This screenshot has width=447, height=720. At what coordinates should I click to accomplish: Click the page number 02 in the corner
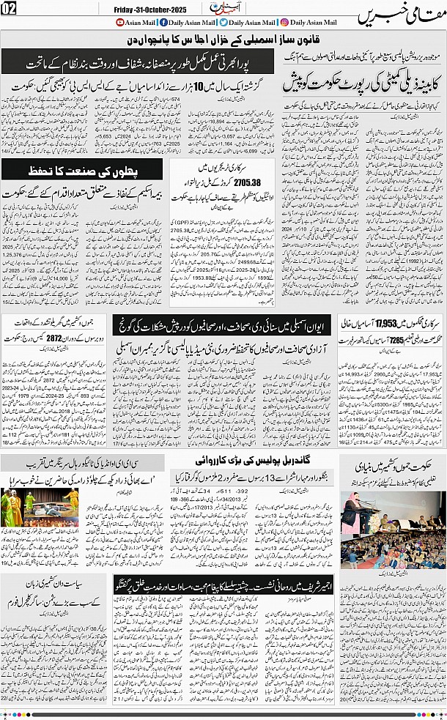click(10, 10)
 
